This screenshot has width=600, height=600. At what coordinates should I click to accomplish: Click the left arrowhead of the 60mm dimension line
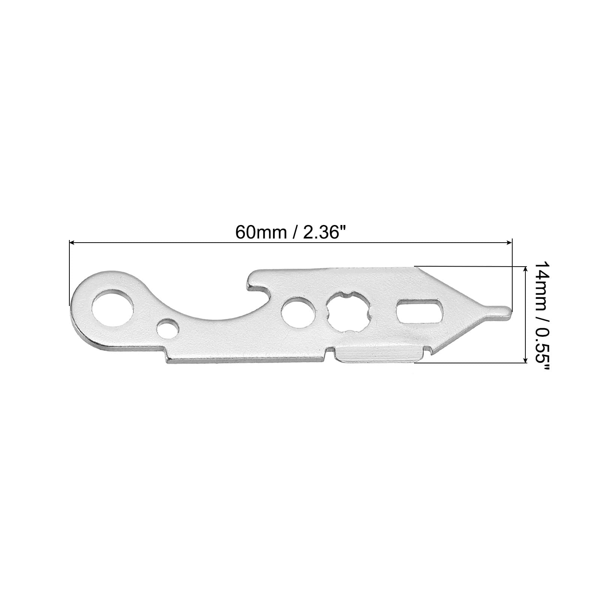click(x=73, y=243)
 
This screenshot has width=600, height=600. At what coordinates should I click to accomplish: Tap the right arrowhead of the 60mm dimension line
click(x=508, y=243)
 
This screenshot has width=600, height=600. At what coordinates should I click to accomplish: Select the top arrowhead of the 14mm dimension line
click(x=524, y=268)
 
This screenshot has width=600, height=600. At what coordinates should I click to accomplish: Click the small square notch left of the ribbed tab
click(x=330, y=351)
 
